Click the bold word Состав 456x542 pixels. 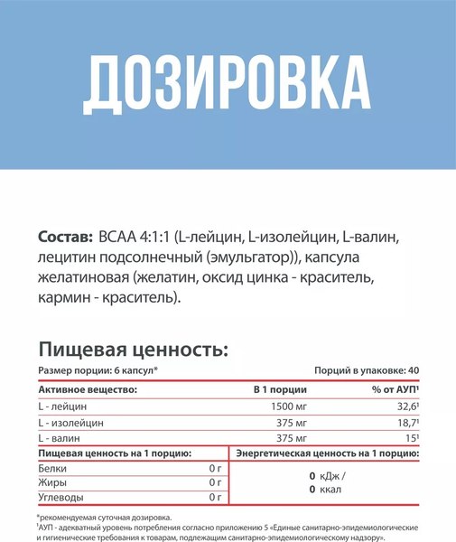tap(64, 238)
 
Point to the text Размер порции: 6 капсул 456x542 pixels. tap(98, 371)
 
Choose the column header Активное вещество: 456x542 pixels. tap(88, 388)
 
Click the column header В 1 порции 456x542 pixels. tap(278, 388)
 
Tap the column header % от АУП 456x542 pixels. tap(391, 388)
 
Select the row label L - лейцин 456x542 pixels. tap(64, 406)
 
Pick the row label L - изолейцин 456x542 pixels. tap(71, 422)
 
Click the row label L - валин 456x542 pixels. tap(60, 438)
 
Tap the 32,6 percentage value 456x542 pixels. tap(405, 406)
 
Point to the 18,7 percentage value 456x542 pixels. tap(405, 422)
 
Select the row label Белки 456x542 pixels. tap(53, 469)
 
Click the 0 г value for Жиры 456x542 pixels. tap(214, 482)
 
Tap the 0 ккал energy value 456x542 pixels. tap(325, 489)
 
